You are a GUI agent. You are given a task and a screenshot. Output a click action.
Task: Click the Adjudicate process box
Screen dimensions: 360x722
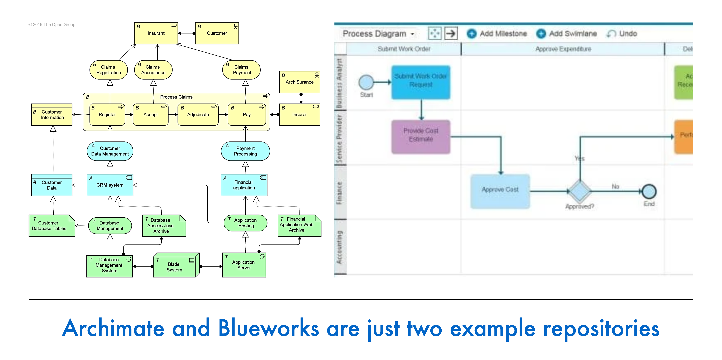point(198,115)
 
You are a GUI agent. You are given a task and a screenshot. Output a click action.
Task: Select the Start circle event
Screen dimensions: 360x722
point(366,82)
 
